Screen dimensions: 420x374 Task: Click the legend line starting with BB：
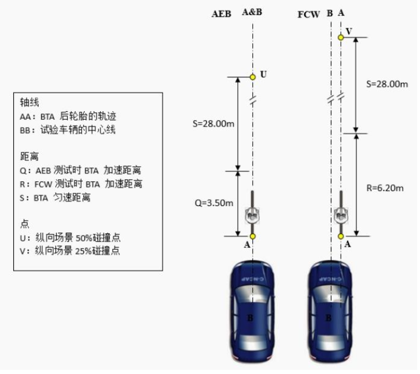click(x=68, y=131)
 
